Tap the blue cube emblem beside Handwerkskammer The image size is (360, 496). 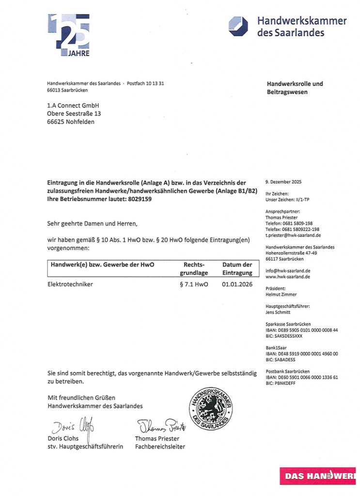tap(239, 26)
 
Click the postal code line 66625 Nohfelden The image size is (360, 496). tap(71, 122)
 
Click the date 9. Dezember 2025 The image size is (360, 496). tap(283, 182)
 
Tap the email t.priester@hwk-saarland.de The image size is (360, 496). tap(293, 235)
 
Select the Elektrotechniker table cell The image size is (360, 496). tap(70, 284)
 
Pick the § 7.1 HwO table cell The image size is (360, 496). tap(193, 284)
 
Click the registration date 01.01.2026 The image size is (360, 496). tap(237, 284)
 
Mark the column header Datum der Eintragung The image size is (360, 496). tap(237, 269)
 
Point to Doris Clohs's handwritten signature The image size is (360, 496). tap(73, 426)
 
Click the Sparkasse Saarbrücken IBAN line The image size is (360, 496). tap(302, 330)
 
